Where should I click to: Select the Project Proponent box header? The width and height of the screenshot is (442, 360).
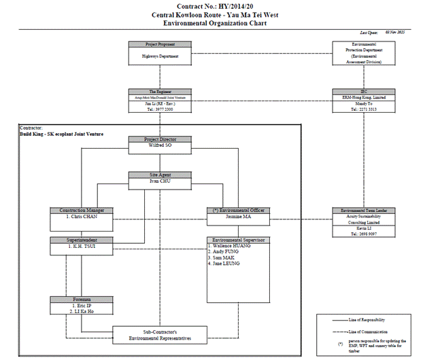(159, 44)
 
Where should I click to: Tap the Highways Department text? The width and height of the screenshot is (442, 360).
(159, 56)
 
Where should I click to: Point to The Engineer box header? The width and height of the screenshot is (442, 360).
(159, 92)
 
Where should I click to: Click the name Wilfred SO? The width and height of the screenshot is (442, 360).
(159, 145)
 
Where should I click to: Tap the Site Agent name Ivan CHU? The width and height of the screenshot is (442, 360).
(159, 182)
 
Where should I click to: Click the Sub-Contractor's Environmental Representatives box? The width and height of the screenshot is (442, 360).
(159, 334)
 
